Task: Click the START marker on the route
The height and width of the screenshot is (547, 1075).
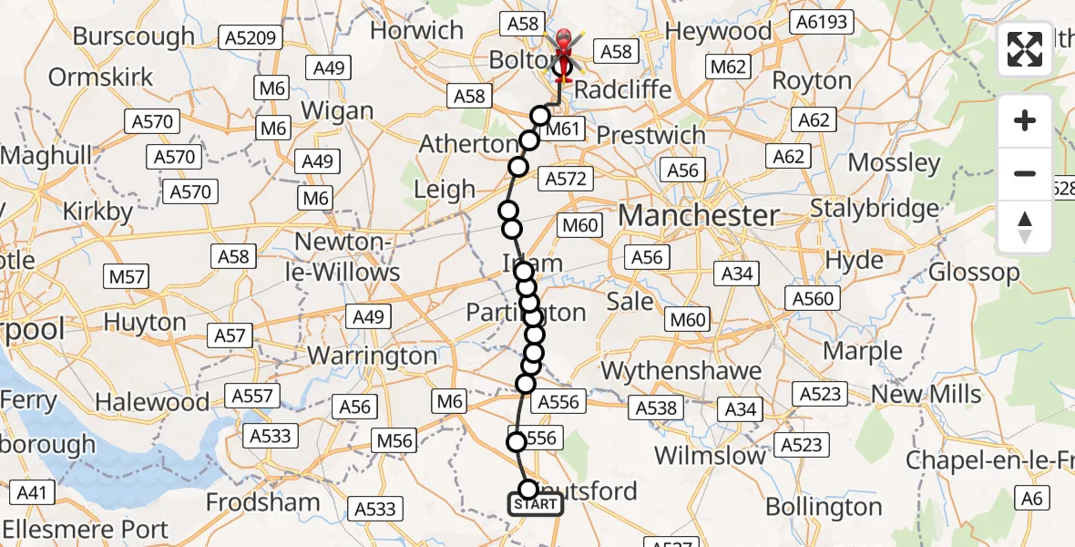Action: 536,504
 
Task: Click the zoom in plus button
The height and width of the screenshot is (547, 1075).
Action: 1025,121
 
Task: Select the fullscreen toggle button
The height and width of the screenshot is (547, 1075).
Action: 1025,49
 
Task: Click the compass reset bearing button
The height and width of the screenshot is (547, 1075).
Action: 1025,227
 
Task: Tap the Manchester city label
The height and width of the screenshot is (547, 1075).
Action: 699,216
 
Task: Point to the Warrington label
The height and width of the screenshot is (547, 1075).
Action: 373,355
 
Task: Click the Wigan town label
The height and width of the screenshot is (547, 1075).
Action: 337,111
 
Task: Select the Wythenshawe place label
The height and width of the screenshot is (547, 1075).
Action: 681,371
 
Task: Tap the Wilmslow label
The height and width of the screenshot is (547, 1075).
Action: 711,455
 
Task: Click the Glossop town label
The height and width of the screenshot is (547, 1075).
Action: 974,272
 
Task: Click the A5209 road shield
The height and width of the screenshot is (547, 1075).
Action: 251,37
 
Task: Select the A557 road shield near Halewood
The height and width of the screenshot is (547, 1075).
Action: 252,396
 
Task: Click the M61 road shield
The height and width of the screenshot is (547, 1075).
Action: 563,129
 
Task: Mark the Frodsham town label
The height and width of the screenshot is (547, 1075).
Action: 263,501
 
